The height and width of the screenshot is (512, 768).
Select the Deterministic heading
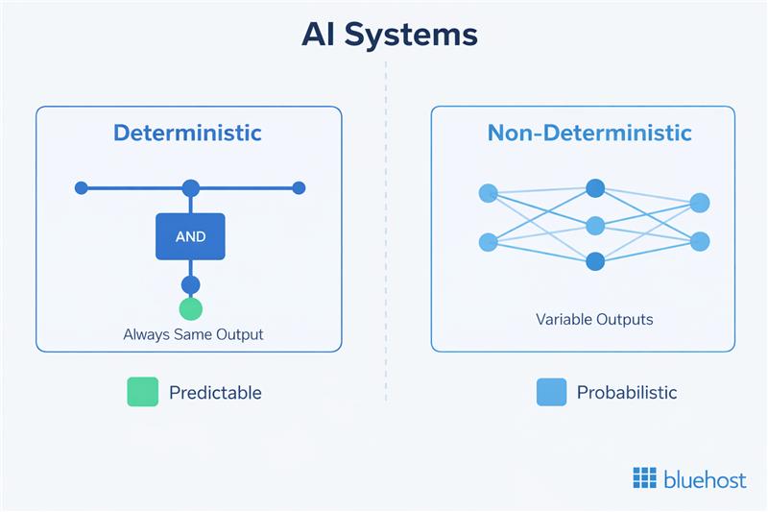(187, 133)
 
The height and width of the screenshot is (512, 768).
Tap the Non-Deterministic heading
(589, 133)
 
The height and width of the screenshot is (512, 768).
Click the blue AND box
(190, 236)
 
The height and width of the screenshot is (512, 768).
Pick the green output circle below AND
(191, 308)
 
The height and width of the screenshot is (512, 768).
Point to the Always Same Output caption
(193, 335)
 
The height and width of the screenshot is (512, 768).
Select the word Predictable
(215, 392)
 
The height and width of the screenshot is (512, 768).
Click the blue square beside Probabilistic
(551, 392)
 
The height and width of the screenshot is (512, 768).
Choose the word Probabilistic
(627, 392)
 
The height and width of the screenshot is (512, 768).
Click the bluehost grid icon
(645, 478)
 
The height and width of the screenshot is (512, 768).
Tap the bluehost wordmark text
(705, 478)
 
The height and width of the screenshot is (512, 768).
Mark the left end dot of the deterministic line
(82, 187)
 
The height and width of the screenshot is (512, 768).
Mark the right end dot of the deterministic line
(299, 187)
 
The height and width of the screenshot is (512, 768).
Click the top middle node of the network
(595, 188)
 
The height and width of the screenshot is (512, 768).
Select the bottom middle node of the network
(595, 260)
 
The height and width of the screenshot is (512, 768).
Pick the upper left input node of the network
(488, 193)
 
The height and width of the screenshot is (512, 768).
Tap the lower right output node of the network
(700, 241)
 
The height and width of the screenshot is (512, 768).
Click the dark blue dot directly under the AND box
(191, 284)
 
